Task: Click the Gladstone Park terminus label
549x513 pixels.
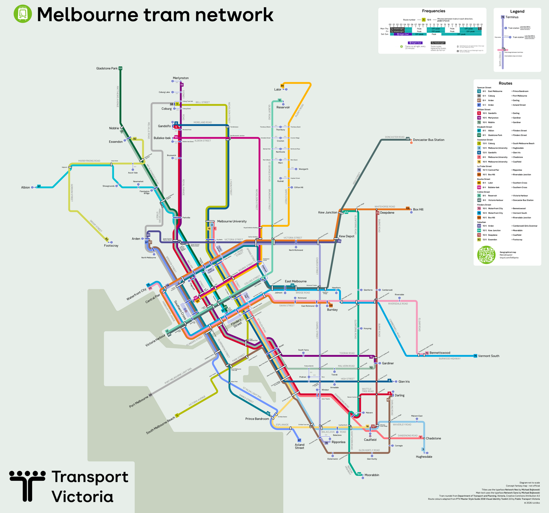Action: click(107, 68)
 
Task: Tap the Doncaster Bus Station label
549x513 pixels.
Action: click(428, 140)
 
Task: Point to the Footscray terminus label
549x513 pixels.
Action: click(111, 246)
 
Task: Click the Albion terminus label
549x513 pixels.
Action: click(26, 188)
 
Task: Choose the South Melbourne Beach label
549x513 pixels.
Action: click(160, 425)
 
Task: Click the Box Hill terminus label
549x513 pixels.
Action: click(418, 209)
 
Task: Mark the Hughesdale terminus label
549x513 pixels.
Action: click(424, 457)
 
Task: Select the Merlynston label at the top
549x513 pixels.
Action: click(181, 78)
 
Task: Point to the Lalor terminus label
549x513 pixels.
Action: click(278, 90)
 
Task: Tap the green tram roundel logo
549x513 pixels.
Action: click(22, 14)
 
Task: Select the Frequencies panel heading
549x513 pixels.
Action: click(433, 11)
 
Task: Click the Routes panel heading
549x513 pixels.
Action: click(505, 83)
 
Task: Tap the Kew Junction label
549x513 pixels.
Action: click(328, 212)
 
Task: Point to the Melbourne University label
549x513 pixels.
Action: click(232, 222)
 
